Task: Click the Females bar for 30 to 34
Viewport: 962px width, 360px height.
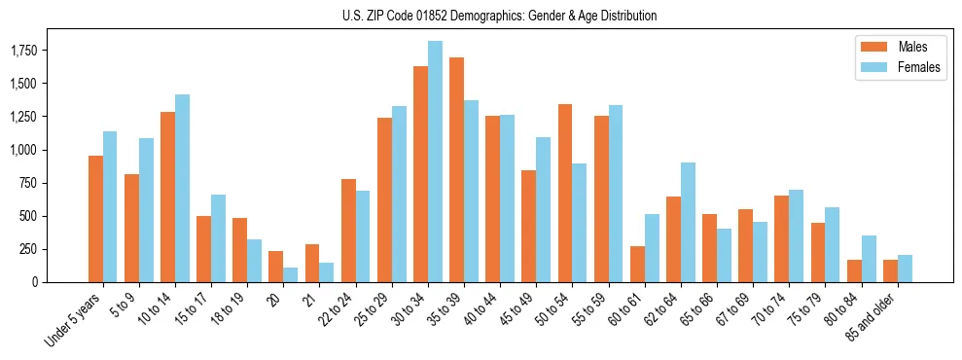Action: (x=435, y=162)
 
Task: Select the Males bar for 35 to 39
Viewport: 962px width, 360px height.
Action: (x=456, y=170)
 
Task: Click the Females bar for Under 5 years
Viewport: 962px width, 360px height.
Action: (x=110, y=206)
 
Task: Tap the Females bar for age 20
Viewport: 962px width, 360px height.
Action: (x=290, y=274)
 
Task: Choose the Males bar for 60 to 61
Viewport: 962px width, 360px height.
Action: (x=637, y=264)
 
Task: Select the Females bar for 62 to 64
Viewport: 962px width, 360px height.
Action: (x=688, y=222)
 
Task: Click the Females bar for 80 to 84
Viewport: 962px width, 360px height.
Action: (x=869, y=259)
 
